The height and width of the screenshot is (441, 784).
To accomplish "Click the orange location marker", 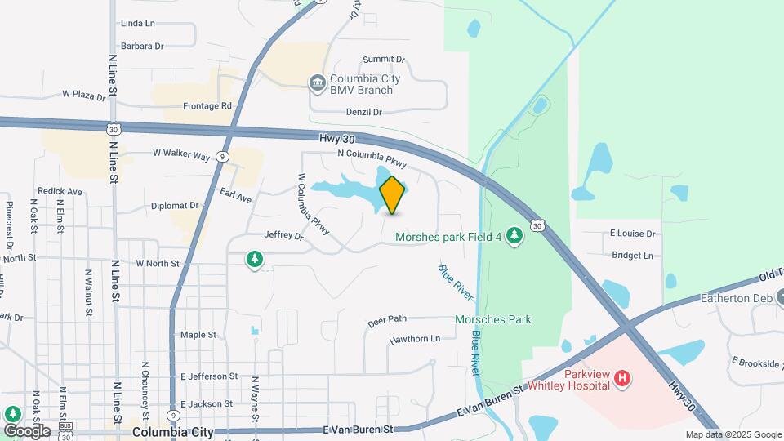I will coord(392,194).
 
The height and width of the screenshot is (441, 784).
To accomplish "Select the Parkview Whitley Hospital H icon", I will coord(622,378).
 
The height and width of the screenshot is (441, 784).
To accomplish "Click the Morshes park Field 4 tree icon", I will coord(514,235).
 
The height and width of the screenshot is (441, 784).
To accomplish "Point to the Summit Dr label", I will coord(384,60).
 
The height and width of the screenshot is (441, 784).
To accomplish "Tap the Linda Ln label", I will coord(137,24).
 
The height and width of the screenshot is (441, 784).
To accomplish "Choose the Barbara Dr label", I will coord(142,47).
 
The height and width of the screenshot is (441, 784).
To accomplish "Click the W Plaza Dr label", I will coord(84,96).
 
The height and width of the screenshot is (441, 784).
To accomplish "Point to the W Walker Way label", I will coord(181,153).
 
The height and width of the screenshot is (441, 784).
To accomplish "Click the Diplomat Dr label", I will coord(175,206).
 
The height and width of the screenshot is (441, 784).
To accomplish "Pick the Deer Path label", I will coord(387,322).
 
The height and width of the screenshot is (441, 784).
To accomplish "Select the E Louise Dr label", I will coord(633,234).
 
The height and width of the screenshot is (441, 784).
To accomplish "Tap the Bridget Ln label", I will coord(633,256).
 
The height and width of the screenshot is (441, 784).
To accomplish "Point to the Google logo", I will coord(26,430).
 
